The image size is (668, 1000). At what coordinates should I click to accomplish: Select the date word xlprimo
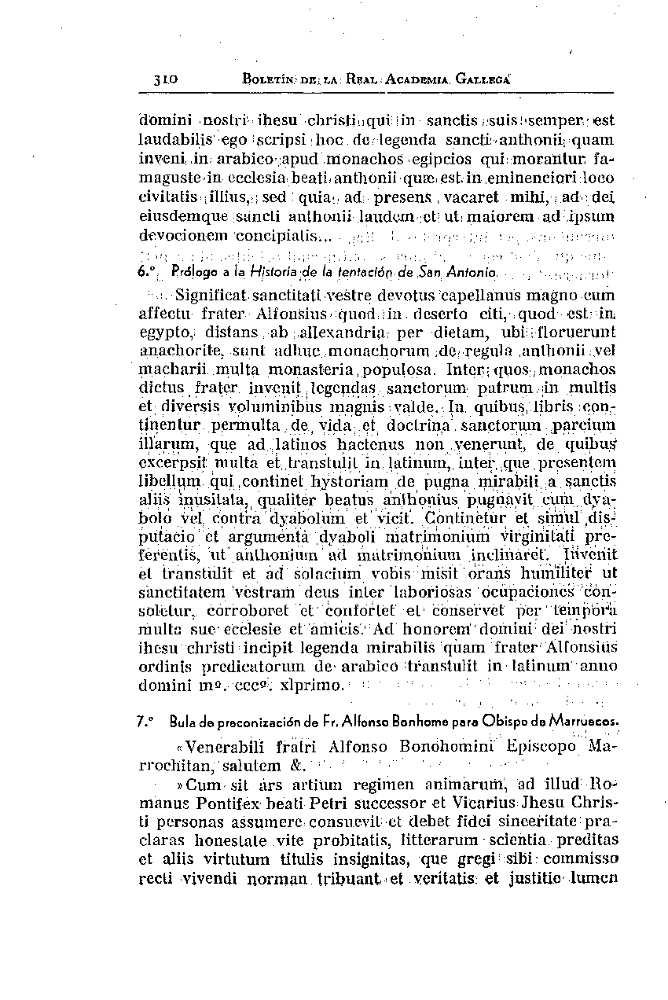pyautogui.click(x=313, y=686)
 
